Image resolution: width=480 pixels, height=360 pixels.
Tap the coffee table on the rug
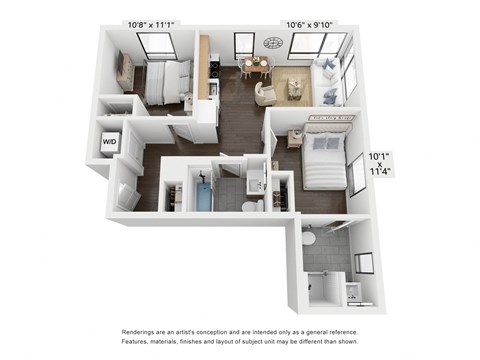pyautogui.click(x=296, y=88)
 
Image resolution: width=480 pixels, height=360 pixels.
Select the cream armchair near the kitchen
pyautogui.click(x=264, y=93)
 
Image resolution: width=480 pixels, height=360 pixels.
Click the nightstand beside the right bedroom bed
pyautogui.click(x=296, y=138)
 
